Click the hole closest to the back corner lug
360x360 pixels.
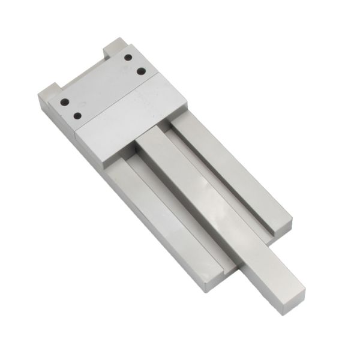(128, 58)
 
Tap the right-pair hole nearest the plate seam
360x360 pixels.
(141, 71)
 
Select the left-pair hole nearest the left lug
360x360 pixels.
(65, 101)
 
